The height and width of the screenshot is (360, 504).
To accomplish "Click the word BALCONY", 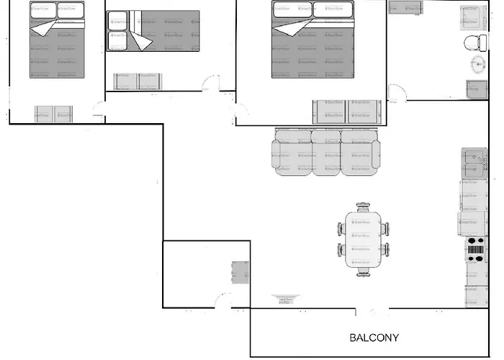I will click(374, 337).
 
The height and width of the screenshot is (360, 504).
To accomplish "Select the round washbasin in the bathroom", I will click(478, 66).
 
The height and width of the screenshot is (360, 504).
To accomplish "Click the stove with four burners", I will click(476, 248).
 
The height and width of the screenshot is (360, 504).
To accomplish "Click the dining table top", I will click(363, 239).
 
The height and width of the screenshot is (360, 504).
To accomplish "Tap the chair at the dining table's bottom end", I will click(363, 271).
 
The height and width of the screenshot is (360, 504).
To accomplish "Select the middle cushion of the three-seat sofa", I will click(325, 152).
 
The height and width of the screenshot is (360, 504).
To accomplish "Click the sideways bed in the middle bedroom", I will click(154, 30).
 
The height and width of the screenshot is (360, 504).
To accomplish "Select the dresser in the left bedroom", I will click(54, 113).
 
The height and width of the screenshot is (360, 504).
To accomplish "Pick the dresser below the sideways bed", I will click(136, 81).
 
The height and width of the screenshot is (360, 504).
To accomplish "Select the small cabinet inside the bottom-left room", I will click(240, 273).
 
